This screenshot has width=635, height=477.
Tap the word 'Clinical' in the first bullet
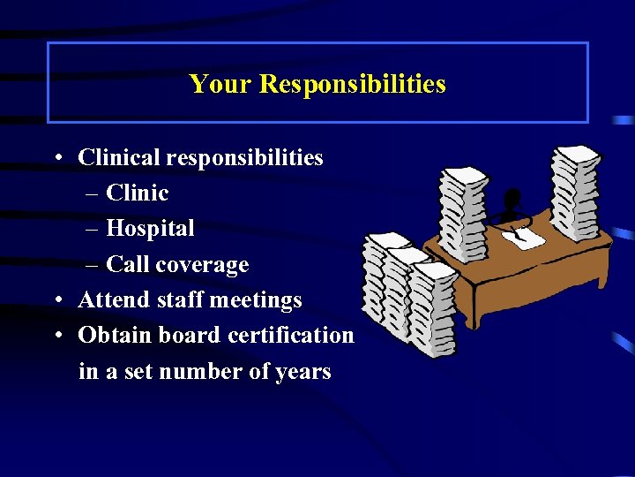coord(119,158)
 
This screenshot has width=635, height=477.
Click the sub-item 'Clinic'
coord(137,193)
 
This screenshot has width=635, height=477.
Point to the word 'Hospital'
coord(150,229)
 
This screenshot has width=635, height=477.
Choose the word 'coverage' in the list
coord(204,265)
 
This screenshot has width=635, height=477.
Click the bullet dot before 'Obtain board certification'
coord(56,337)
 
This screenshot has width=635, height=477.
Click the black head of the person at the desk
coord(512,201)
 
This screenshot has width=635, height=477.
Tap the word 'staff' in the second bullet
coord(182,300)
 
